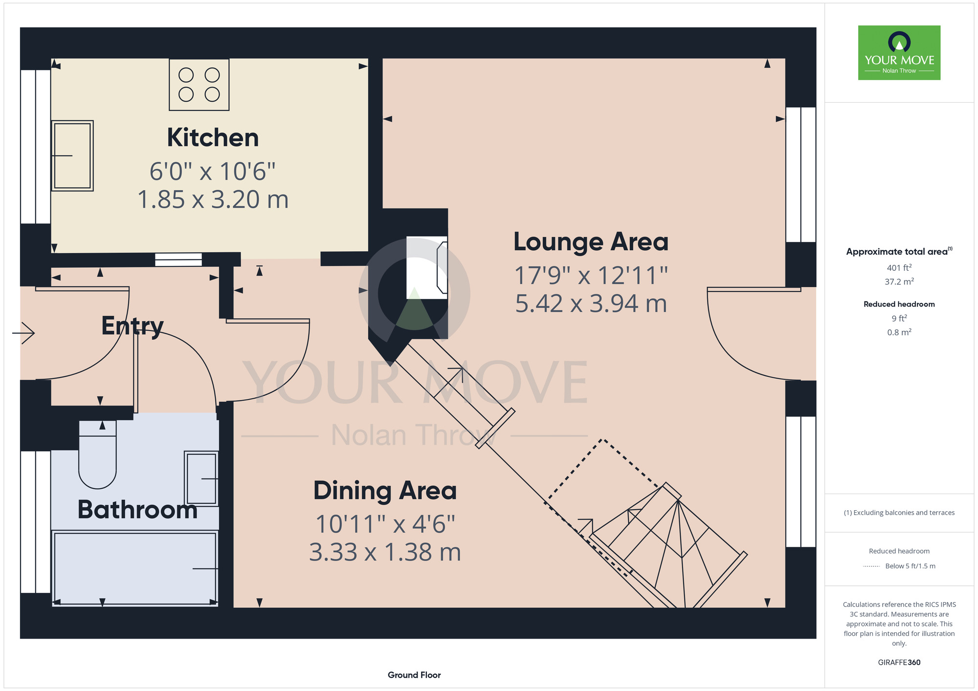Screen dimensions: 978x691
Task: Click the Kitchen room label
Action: click(213, 137)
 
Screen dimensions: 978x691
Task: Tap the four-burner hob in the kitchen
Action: click(199, 85)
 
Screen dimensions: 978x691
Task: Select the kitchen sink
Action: click(72, 155)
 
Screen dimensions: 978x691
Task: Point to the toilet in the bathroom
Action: click(98, 454)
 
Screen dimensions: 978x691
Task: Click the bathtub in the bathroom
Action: click(134, 569)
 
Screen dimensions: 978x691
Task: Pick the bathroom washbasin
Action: click(201, 478)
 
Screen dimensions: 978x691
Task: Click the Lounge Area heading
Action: click(591, 241)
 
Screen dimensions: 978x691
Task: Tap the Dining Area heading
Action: click(385, 490)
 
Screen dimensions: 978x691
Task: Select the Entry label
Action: click(133, 326)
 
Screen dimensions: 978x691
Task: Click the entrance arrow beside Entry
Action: click(23, 333)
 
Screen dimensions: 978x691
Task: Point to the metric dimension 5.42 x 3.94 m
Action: click(591, 303)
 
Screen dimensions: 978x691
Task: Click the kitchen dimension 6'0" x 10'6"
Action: click(212, 172)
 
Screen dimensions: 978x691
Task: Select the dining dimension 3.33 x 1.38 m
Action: click(385, 552)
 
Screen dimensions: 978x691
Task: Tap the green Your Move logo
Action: click(899, 53)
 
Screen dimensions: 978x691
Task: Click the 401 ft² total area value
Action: click(899, 267)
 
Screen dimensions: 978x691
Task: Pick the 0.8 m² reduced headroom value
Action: click(899, 332)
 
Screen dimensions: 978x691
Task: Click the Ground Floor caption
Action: click(414, 675)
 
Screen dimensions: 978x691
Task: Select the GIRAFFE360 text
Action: click(899, 663)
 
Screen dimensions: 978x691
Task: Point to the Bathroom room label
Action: click(137, 510)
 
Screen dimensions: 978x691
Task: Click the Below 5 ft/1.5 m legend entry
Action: click(910, 566)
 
